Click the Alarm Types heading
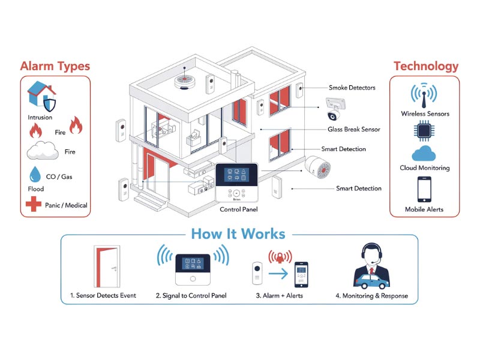pos(55,66)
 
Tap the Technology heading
pos(425,66)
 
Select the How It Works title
pos(238,233)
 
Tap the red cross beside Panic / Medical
pos(34,205)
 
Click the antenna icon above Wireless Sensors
pos(425,95)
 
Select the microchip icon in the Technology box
pos(425,131)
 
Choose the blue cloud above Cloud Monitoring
pos(425,154)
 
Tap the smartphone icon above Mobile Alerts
pos(425,190)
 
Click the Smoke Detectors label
pos(352,88)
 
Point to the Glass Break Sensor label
pos(354,129)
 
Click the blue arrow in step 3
pos(278,275)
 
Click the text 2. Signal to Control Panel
pos(191,296)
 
